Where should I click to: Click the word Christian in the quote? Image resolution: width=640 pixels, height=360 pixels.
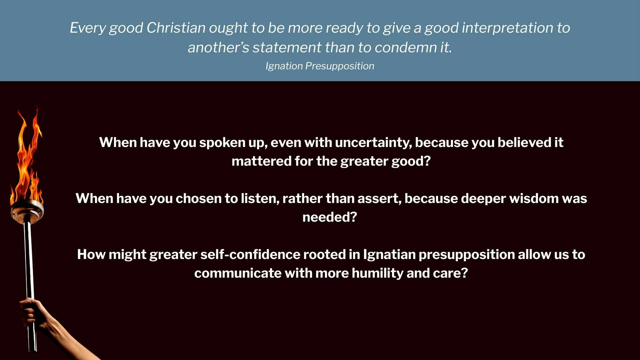(x=176, y=28)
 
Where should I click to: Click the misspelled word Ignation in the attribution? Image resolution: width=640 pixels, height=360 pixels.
(x=284, y=66)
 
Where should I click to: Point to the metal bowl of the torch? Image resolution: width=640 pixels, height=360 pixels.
(x=27, y=211)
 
